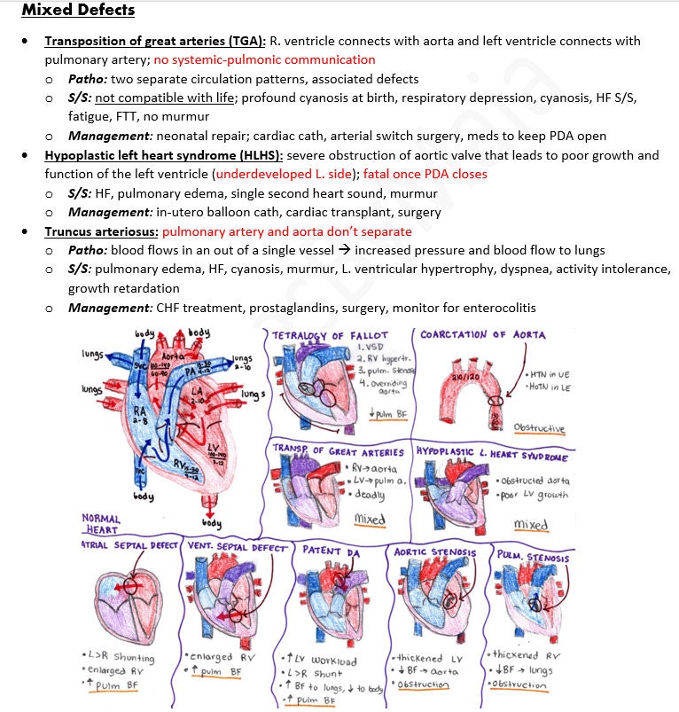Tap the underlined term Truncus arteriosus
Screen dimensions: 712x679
click(101, 231)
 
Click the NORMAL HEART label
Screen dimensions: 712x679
click(100, 523)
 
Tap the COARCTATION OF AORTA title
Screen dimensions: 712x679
click(483, 335)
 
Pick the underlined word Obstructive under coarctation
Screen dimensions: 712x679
click(539, 428)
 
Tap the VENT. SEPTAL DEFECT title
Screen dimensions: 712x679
click(237, 548)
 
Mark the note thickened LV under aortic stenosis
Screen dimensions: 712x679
click(432, 659)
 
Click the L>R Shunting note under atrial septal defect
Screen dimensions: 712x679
click(117, 658)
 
